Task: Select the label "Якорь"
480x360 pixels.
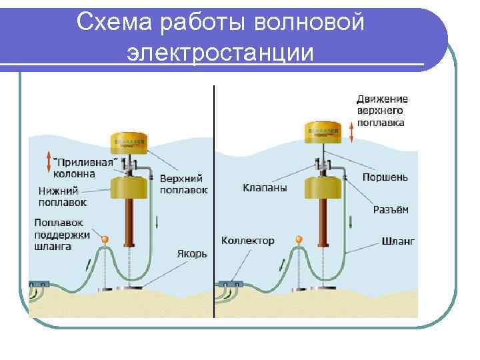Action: click(x=192, y=254)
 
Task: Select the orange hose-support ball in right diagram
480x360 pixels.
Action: click(x=299, y=239)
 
